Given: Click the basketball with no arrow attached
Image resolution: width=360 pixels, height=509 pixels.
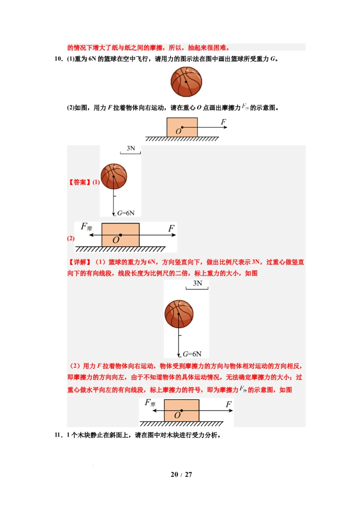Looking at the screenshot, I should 187,82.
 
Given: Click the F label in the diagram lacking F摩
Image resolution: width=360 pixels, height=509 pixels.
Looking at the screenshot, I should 223,122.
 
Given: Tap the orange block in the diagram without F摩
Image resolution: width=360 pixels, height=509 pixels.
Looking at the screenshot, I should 182,127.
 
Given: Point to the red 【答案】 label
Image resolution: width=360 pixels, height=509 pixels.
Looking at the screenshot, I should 79,183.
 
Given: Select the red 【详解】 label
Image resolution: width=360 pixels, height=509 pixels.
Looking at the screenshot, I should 80,262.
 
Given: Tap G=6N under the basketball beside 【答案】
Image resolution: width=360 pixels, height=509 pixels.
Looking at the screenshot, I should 126,213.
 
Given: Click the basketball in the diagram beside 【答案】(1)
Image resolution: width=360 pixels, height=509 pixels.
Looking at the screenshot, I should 113,176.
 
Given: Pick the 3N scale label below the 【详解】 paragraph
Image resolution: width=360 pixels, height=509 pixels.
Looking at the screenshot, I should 198,284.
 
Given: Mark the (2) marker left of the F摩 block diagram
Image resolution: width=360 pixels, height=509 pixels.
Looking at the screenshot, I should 71,238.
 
